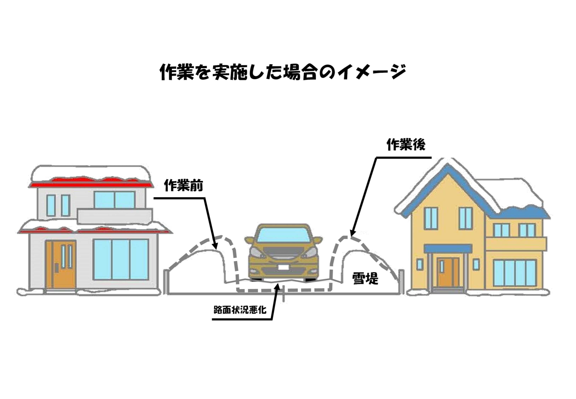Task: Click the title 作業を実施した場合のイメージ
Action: click(283, 72)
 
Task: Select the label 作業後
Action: click(406, 144)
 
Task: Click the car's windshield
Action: click(283, 235)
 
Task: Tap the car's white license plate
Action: click(284, 267)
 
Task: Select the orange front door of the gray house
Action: click(61, 264)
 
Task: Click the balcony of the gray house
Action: click(115, 216)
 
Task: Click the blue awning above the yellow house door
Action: click(448, 248)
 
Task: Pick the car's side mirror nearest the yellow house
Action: click(318, 240)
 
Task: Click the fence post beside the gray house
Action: click(166, 282)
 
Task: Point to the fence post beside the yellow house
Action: click(401, 282)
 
